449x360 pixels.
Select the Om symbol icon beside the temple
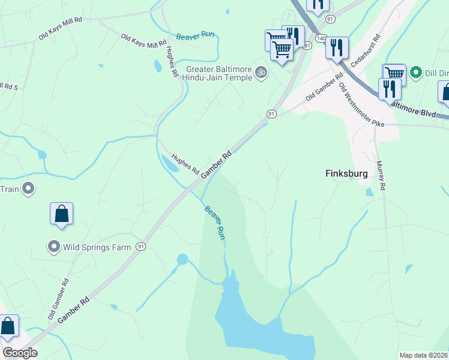click(x=261, y=73)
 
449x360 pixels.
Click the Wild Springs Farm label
click(x=88, y=247)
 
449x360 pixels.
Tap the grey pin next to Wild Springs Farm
click(x=53, y=247)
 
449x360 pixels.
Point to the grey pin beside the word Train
click(x=28, y=190)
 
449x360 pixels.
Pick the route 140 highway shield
click(x=321, y=38)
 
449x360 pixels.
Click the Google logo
click(x=20, y=353)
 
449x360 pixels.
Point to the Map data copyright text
click(x=423, y=355)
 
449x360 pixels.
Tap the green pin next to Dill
click(x=415, y=74)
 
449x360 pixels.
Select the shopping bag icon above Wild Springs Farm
click(x=61, y=214)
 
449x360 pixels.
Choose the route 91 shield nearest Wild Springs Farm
click(x=140, y=247)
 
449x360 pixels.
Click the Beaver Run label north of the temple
click(x=195, y=35)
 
